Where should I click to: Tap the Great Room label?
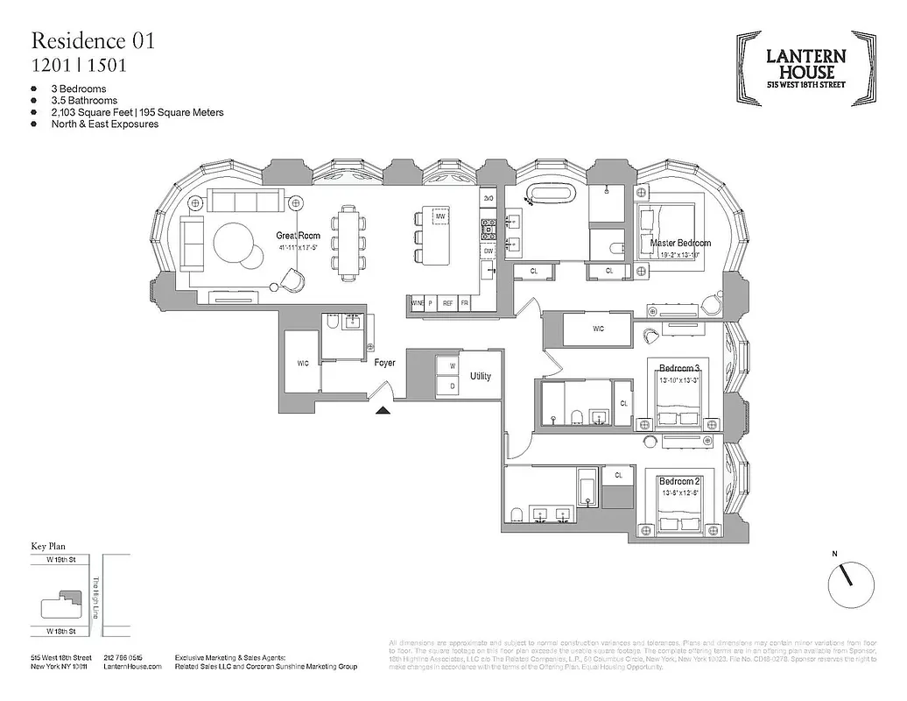click(x=299, y=236)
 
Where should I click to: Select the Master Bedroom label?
click(x=680, y=243)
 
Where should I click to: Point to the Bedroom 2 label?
click(x=679, y=482)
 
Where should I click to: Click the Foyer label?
click(x=384, y=363)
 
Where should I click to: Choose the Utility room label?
click(x=480, y=376)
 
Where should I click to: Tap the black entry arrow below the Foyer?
click(x=383, y=409)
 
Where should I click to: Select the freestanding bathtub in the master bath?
click(x=547, y=195)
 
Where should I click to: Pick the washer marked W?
click(x=452, y=365)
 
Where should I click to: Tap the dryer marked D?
click(x=452, y=386)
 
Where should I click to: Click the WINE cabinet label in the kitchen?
click(x=418, y=303)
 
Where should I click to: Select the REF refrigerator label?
click(x=447, y=303)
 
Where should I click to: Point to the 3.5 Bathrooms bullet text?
click(x=84, y=101)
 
